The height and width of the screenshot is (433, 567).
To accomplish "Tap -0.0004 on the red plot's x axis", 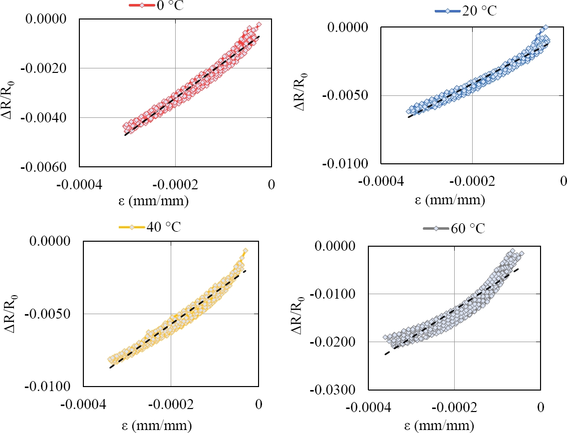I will tap(81, 184).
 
